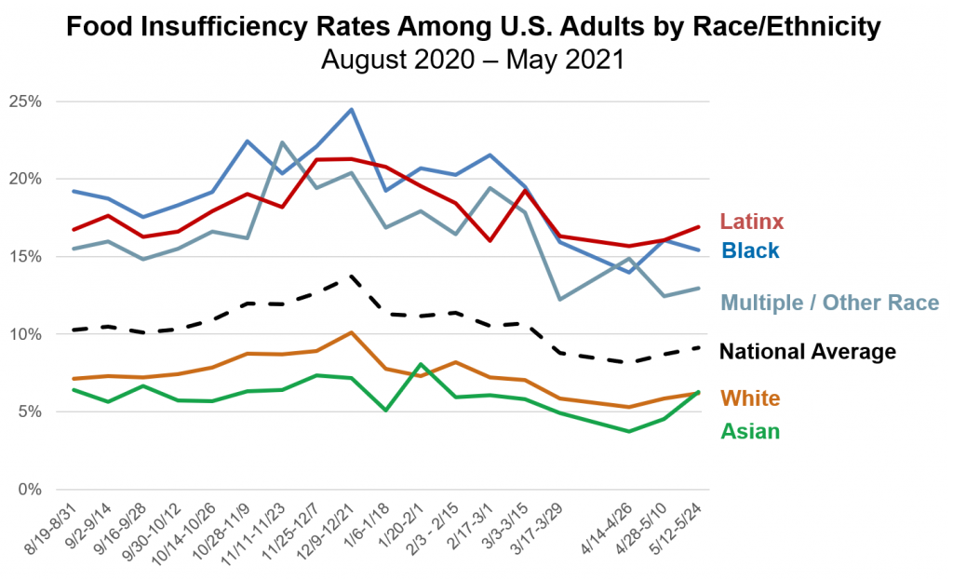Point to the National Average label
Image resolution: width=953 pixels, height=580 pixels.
(x=808, y=351)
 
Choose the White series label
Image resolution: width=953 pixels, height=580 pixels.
(x=750, y=398)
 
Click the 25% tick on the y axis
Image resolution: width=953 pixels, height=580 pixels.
(x=25, y=101)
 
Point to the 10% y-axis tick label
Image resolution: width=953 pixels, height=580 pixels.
(x=25, y=334)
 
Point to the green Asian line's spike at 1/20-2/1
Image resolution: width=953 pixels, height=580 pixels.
(x=422, y=364)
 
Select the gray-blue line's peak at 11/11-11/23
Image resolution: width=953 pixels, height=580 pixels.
(x=282, y=142)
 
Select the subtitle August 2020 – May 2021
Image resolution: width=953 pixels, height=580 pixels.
(x=471, y=61)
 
